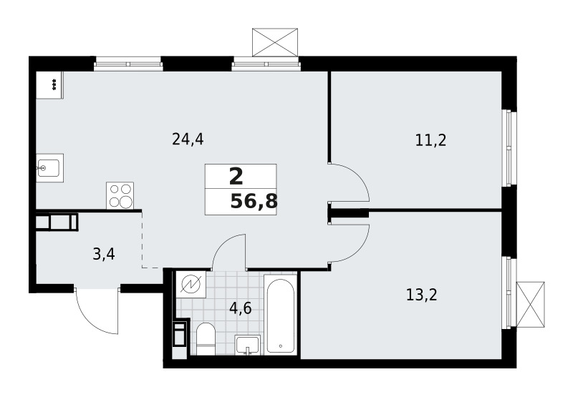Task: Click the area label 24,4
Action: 188,139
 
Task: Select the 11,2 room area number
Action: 430,139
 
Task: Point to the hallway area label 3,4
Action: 105,253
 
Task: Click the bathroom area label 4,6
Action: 240,310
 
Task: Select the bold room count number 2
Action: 236,176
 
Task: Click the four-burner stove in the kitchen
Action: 121,195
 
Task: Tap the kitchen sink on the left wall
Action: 49,169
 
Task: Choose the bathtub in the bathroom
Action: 280,313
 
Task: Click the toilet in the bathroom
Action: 206,338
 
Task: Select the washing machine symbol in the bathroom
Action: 191,285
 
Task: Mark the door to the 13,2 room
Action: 349,242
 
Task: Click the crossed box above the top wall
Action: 274,43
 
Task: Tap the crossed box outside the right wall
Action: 530,304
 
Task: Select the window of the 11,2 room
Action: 508,147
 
